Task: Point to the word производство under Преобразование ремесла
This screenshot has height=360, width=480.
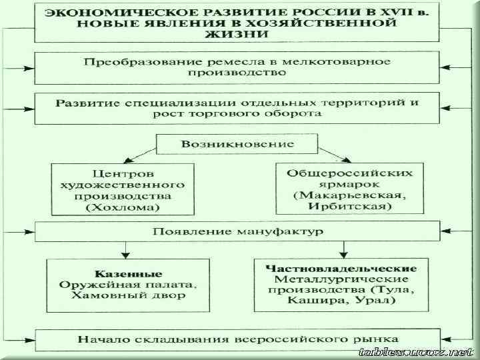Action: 237,73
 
